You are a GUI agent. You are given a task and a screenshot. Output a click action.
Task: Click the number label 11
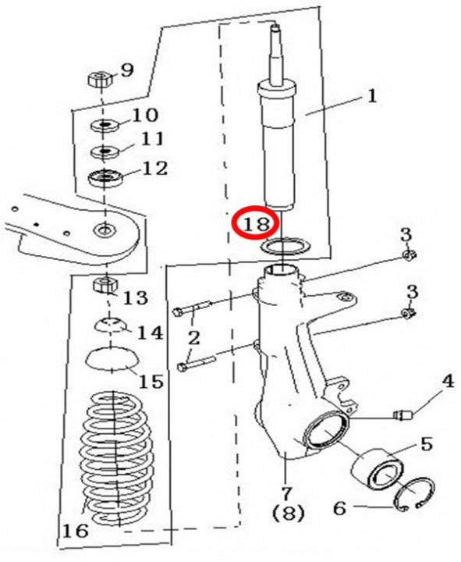coord(153,140)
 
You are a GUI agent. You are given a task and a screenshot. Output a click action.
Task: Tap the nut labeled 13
coord(104,284)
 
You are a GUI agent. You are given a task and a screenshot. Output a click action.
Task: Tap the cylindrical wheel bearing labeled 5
coord(377,475)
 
